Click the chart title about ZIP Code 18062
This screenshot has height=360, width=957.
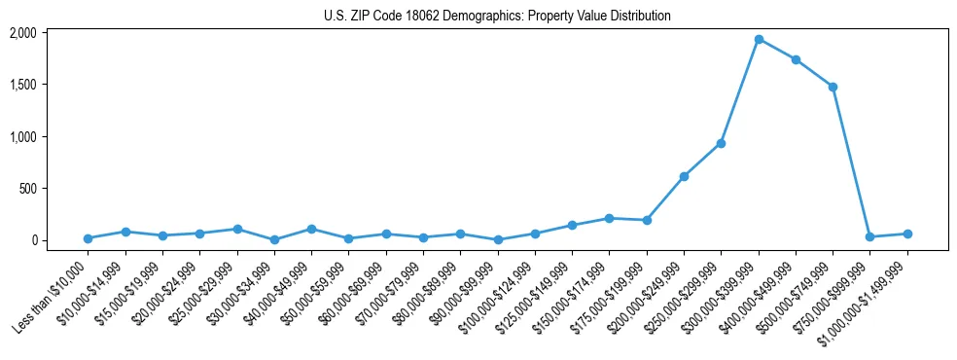[x=497, y=17]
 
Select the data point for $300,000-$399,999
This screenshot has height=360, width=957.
[x=759, y=40]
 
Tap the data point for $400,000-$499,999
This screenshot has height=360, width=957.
[x=796, y=60]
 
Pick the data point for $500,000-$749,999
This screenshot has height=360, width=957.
[x=833, y=87]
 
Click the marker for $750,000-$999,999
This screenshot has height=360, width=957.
[x=869, y=236]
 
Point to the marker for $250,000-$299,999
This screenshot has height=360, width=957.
[x=721, y=143]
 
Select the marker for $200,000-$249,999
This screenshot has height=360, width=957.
[x=684, y=176]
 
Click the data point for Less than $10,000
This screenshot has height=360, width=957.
[x=88, y=238]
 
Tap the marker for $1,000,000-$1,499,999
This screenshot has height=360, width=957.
[x=907, y=234]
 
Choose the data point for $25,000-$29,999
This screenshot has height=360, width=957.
[x=237, y=229]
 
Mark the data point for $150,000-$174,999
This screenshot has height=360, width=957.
[x=609, y=218]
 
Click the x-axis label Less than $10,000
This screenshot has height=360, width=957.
[x=52, y=295]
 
